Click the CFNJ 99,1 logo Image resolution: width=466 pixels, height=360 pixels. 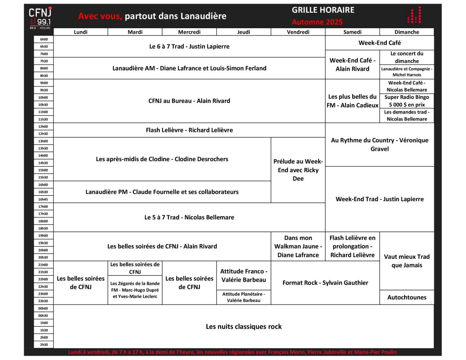pyautogui.click(x=40, y=17)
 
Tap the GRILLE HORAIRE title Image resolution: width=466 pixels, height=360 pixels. pyautogui.click(x=323, y=10)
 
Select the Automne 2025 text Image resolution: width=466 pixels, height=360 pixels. pyautogui.click(x=317, y=22)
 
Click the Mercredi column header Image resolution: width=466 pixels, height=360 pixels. pyautogui.click(x=189, y=32)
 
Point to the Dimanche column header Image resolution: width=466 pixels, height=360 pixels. pyautogui.click(x=407, y=32)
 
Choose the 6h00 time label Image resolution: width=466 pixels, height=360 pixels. pyautogui.click(x=44, y=39)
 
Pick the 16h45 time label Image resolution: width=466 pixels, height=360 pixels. pyautogui.click(x=44, y=199)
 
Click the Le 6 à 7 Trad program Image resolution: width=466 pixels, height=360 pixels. pyautogui.click(x=189, y=46)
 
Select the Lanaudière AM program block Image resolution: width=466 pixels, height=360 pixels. pyautogui.click(x=189, y=68)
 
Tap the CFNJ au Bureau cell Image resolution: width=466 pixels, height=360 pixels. pyautogui.click(x=189, y=101)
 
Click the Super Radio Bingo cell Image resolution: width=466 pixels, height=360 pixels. pyautogui.click(x=407, y=101)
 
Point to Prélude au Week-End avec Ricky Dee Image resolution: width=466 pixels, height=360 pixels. pyautogui.click(x=298, y=170)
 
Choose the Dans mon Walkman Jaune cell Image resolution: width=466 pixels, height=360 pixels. pyautogui.click(x=298, y=246)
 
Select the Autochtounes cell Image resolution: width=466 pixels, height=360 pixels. pyautogui.click(x=407, y=297)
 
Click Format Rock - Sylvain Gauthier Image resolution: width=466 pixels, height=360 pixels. pyautogui.click(x=325, y=283)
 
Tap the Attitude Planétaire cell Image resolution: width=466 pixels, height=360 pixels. pyautogui.click(x=243, y=297)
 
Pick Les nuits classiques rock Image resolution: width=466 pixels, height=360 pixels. pyautogui.click(x=243, y=326)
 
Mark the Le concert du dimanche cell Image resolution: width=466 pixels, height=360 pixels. pyautogui.click(x=407, y=57)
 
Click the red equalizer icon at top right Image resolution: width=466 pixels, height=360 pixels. pyautogui.click(x=414, y=15)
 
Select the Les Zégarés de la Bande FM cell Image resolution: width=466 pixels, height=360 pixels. pyautogui.click(x=135, y=290)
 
